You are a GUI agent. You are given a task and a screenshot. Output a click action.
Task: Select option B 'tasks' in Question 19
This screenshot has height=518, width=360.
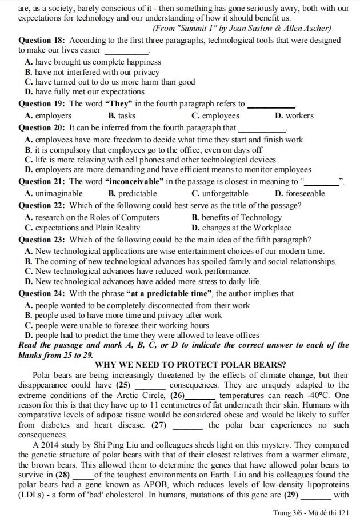(x=122, y=115)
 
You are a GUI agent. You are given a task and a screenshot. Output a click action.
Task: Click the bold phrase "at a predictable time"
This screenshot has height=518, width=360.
(x=170, y=293)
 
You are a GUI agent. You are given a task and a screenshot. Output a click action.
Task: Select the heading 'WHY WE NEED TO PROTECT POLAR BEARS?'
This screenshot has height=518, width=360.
(x=190, y=365)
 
